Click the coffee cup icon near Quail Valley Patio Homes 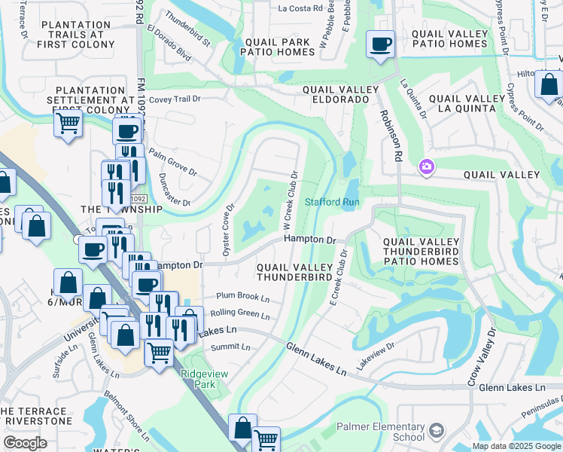381,44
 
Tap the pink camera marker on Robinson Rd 427,166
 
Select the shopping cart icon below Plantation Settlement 68,122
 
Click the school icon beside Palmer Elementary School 436,431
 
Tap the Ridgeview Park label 198,378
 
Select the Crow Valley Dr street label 482,357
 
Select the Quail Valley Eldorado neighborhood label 335,93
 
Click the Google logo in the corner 26,443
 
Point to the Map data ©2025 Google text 516,446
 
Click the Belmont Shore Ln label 123,417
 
